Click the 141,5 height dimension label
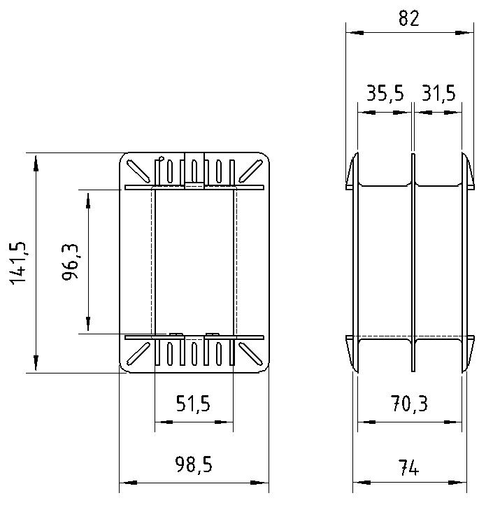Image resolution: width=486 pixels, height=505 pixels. pyautogui.click(x=17, y=262)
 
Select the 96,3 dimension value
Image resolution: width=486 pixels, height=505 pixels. pyautogui.click(x=70, y=262)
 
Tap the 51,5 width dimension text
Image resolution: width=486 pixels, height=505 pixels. pyautogui.click(x=193, y=404)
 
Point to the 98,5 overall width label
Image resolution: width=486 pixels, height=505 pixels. pyautogui.click(x=194, y=464)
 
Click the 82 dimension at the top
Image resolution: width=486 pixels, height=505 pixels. pyautogui.click(x=409, y=18)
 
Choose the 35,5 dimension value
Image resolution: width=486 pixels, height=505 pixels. pyautogui.click(x=385, y=93)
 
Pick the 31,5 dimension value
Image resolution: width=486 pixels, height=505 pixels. pyautogui.click(x=438, y=93)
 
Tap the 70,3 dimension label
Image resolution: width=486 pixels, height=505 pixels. pyautogui.click(x=409, y=404)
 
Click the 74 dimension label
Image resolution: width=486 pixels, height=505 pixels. pyautogui.click(x=408, y=468)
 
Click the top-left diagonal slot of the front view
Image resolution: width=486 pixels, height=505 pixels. pyautogui.click(x=138, y=171)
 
